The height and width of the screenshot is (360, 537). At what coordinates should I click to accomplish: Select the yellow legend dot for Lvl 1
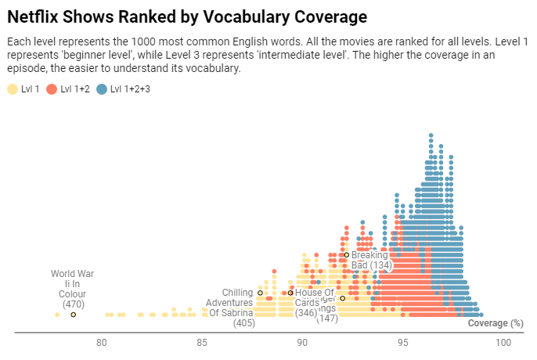[12, 89]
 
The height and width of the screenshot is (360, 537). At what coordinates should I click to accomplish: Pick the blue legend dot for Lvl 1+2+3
[102, 89]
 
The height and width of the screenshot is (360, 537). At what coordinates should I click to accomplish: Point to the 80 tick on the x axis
[101, 343]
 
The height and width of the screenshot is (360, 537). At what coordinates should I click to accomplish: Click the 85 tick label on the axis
[202, 343]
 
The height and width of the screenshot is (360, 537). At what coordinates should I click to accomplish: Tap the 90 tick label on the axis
[302, 343]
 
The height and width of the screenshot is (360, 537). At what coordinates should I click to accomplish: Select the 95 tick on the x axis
[403, 343]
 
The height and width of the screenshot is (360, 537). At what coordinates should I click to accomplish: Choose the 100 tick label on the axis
[503, 343]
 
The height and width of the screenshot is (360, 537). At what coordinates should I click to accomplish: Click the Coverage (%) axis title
[495, 322]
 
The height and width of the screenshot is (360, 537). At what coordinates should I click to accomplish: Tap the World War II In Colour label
[72, 289]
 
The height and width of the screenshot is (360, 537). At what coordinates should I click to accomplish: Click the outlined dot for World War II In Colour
[73, 315]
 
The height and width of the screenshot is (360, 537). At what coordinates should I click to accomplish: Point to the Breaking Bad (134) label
[370, 260]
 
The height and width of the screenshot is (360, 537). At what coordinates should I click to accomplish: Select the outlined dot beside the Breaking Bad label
[346, 254]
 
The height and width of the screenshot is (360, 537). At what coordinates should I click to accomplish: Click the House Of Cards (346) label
[307, 303]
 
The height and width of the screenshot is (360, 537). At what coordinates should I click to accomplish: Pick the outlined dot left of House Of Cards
[290, 293]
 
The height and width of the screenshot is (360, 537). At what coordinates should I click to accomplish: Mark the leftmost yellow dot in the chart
[57, 315]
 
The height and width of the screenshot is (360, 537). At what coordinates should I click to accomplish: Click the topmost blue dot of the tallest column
[431, 135]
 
